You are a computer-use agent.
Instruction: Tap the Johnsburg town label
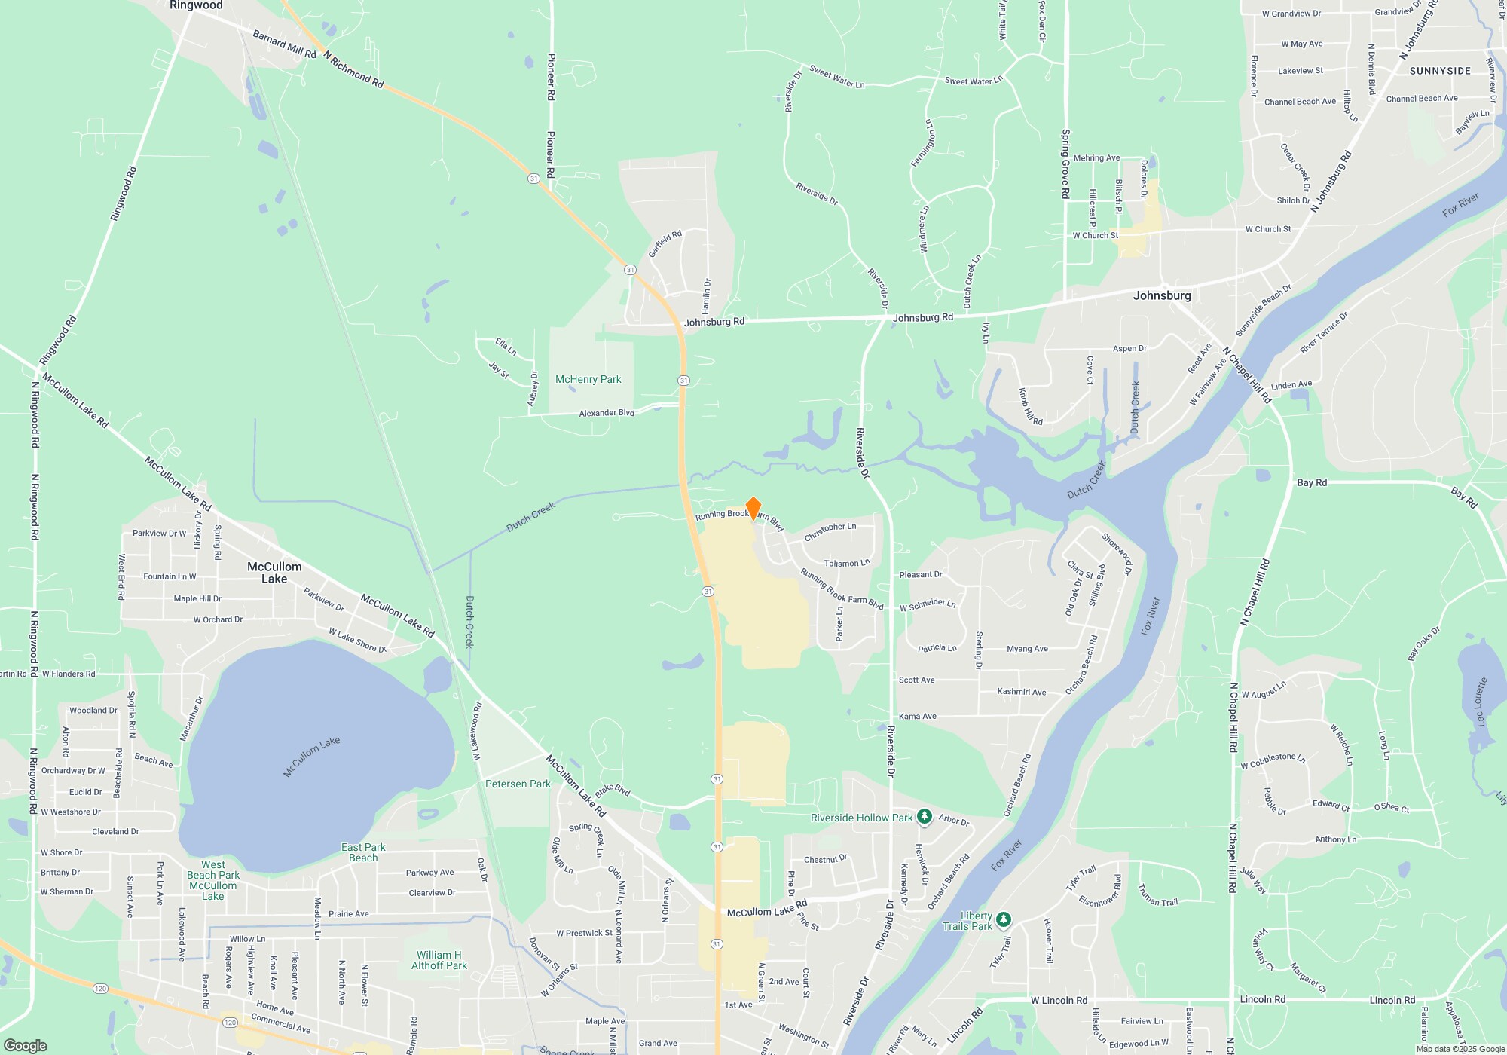pyautogui.click(x=1162, y=295)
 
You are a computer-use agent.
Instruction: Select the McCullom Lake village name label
pyautogui.click(x=274, y=573)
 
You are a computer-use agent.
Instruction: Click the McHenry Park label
pyautogui.click(x=588, y=380)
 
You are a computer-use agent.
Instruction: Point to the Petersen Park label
pyautogui.click(x=518, y=784)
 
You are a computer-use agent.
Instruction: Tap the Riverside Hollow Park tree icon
pyautogui.click(x=925, y=817)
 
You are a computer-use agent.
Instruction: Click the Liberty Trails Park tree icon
pyautogui.click(x=1003, y=919)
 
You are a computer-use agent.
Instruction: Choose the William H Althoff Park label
pyautogui.click(x=439, y=960)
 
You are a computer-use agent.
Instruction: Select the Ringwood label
pyautogui.click(x=196, y=6)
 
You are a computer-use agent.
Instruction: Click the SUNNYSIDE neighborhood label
pyautogui.click(x=1440, y=71)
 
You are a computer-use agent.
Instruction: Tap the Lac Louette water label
pyautogui.click(x=1481, y=702)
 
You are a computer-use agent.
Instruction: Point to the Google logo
pyautogui.click(x=26, y=1045)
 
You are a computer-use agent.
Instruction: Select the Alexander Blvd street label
pyautogui.click(x=607, y=413)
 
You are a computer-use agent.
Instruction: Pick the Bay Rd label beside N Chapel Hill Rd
pyautogui.click(x=1312, y=482)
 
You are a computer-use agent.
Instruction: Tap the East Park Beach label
pyautogui.click(x=363, y=852)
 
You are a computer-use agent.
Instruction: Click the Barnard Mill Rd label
pyautogui.click(x=284, y=44)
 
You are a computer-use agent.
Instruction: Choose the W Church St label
pyautogui.click(x=1095, y=235)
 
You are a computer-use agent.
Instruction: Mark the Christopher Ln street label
pyautogui.click(x=830, y=531)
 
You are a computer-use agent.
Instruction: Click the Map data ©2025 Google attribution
pyautogui.click(x=1460, y=1049)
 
